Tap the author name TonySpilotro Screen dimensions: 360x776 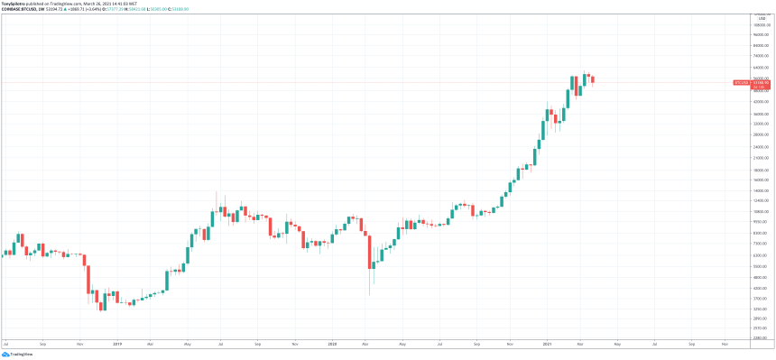(x=14, y=4)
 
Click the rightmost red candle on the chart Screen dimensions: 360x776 (x=592, y=79)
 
